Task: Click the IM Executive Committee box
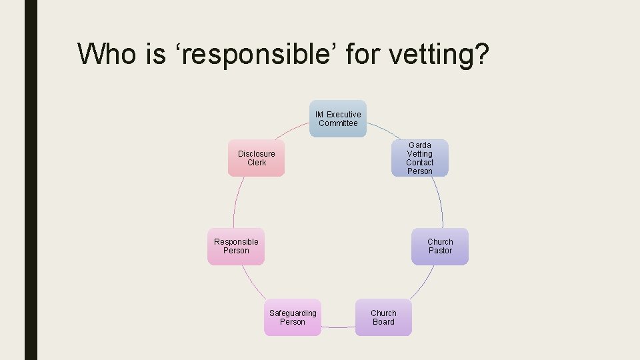pos(338,119)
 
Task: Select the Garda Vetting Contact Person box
pos(419,158)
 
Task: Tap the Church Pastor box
pos(440,247)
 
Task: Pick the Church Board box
pos(383,317)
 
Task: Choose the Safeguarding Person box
pos(292,317)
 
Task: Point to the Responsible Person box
pos(236,247)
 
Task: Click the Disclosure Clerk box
pos(256,158)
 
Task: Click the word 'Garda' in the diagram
pos(420,145)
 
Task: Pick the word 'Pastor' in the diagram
pos(440,251)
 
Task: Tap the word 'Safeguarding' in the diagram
pos(293,313)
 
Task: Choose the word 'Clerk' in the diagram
pos(257,163)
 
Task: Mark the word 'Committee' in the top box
pos(338,123)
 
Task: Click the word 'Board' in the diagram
pos(383,322)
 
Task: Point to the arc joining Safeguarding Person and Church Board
pos(338,327)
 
